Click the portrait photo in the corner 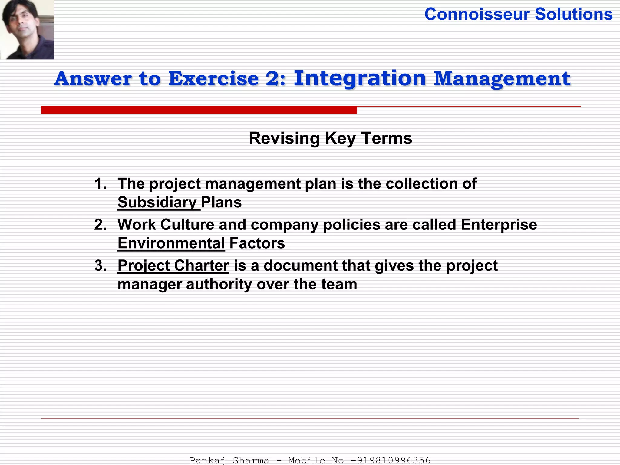pyautogui.click(x=27, y=29)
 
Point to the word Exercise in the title pyautogui.click(x=213, y=79)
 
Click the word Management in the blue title pyautogui.click(x=502, y=79)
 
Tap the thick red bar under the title pyautogui.click(x=199, y=110)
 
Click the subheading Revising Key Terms pyautogui.click(x=330, y=138)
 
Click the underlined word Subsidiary pyautogui.click(x=157, y=202)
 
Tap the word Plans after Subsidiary pyautogui.click(x=221, y=202)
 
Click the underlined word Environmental pyautogui.click(x=171, y=243)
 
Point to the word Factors pyautogui.click(x=257, y=243)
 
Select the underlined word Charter pyautogui.click(x=201, y=265)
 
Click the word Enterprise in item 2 pyautogui.click(x=499, y=225)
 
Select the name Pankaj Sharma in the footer pyautogui.click(x=229, y=460)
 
